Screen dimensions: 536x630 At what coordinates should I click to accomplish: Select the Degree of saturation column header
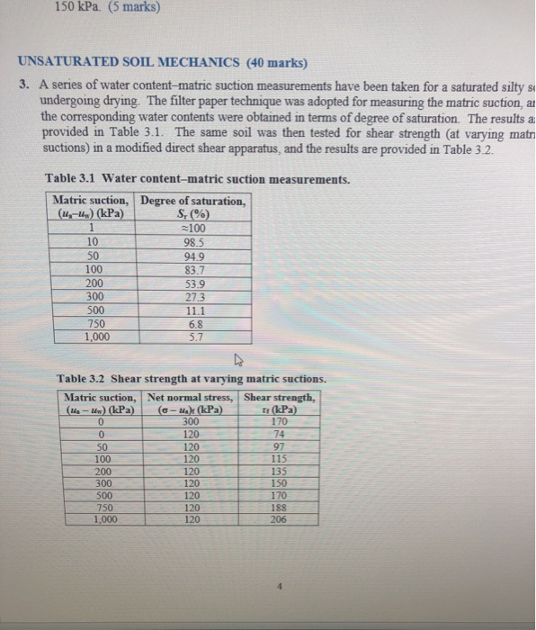[x=195, y=200]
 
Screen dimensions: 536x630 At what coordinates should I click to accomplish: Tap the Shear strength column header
[x=280, y=397]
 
